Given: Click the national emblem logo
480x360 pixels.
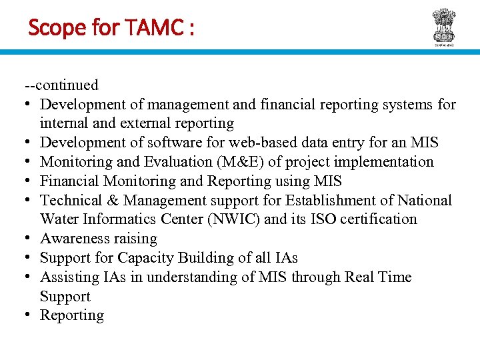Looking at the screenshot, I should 443,27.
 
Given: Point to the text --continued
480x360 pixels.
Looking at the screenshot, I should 61,85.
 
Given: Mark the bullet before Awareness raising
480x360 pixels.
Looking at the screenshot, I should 30,239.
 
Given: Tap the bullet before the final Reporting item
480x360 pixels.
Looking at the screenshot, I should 30,316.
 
